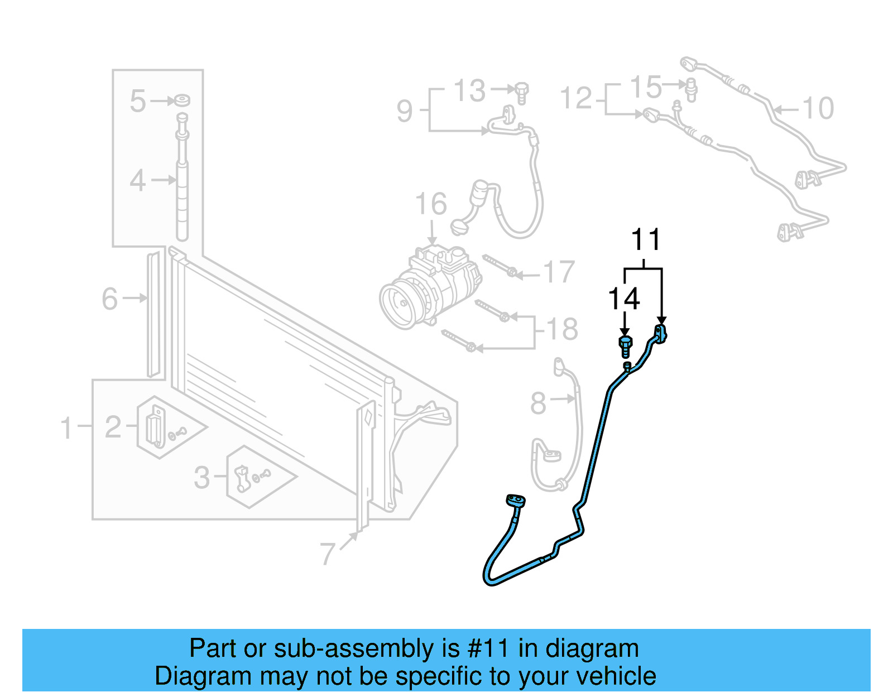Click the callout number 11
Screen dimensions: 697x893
646,240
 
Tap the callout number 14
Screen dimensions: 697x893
623,299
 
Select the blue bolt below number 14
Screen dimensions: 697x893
626,346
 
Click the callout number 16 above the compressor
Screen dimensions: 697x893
431,204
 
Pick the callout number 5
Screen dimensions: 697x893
137,101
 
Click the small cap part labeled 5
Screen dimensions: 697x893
182,100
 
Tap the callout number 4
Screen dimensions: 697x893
137,181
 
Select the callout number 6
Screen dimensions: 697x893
110,299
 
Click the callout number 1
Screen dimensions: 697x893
66,428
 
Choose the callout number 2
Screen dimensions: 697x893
113,427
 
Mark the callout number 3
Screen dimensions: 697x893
202,478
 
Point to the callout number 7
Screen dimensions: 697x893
328,554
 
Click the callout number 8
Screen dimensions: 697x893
538,403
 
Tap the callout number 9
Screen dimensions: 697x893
405,110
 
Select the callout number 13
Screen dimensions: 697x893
469,90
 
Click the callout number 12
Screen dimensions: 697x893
575,99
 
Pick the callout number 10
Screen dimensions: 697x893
818,108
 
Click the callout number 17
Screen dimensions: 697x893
559,272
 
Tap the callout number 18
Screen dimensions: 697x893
562,329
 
